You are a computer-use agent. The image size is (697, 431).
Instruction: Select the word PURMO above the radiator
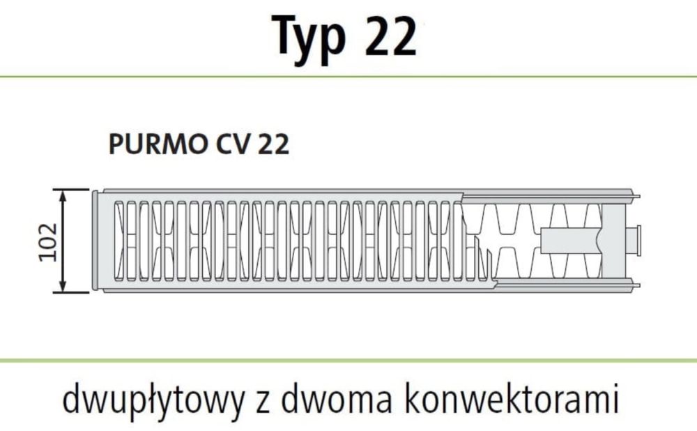coord(153,145)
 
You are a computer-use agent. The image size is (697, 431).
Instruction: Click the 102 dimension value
coord(47,241)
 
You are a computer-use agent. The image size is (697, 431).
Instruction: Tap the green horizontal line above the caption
coord(348,360)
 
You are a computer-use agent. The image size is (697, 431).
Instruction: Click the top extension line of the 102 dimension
coord(70,189)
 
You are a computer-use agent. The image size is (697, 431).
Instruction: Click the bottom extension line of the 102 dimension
coord(70,292)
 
